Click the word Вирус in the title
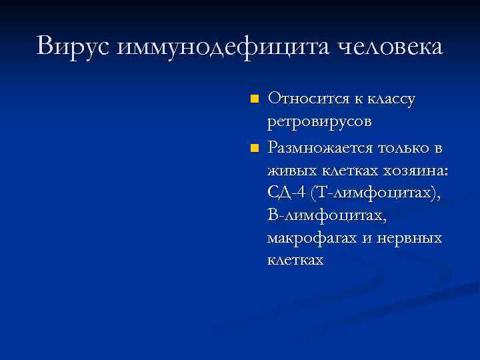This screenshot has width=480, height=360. coord(73,47)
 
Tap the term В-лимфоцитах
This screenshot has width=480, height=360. coord(326,216)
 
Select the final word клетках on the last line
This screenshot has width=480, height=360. coord(295,260)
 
